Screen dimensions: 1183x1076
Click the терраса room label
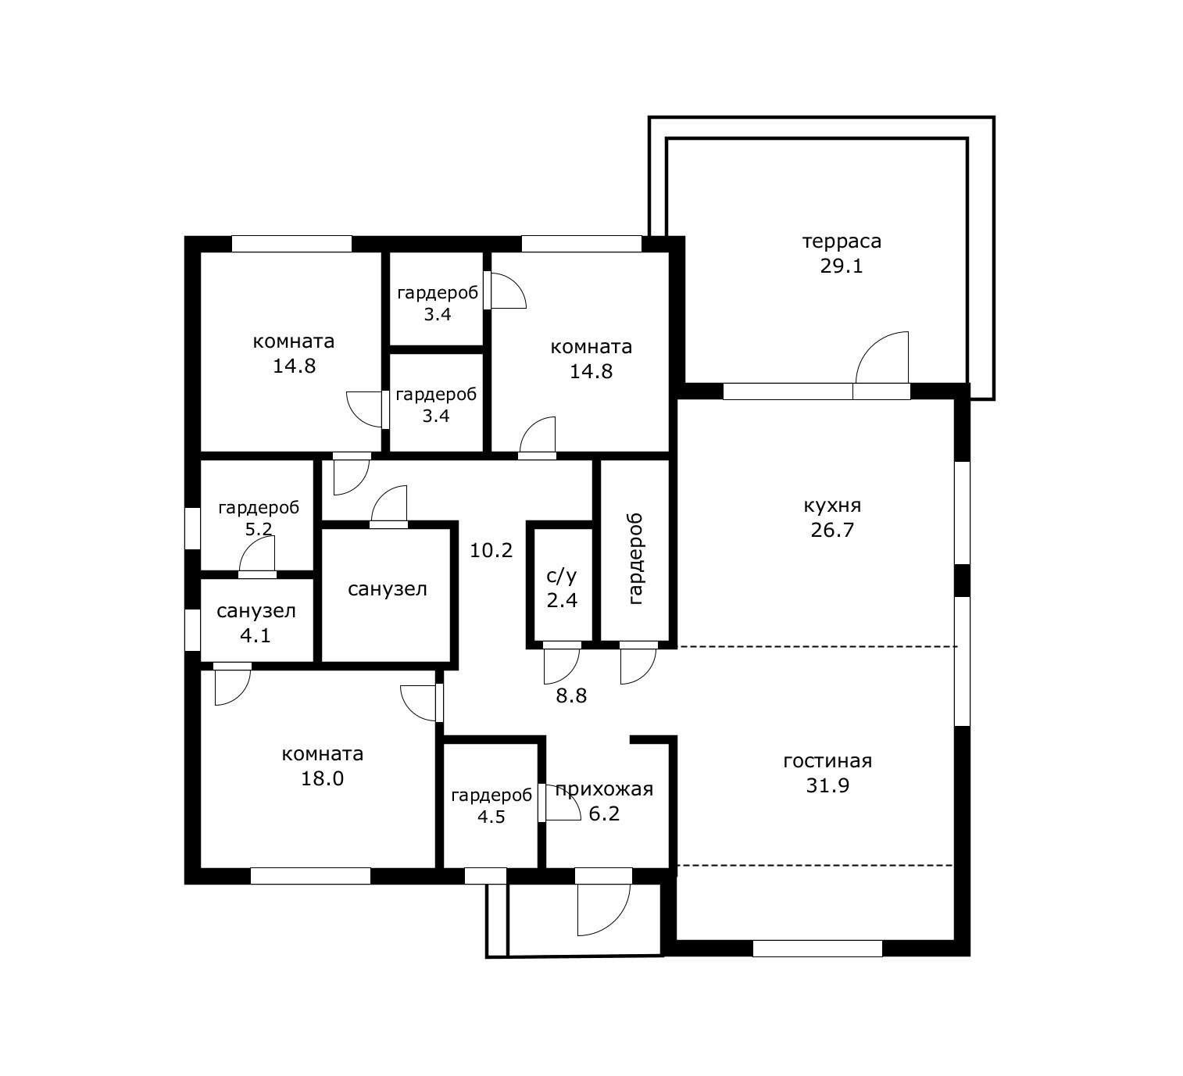842,241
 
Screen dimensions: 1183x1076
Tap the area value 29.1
842,266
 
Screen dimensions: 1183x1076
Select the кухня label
832,506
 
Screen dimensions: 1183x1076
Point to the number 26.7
832,531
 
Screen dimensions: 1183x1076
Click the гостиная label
827,761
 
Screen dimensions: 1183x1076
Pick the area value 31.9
827,786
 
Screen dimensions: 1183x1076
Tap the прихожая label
604,790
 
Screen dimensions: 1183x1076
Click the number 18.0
322,779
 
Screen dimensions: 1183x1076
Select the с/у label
562,576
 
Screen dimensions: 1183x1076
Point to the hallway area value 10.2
491,550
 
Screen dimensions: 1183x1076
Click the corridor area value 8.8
571,696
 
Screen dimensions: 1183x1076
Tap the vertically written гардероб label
634,559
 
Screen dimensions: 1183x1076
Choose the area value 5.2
259,529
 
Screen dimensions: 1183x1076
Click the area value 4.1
256,635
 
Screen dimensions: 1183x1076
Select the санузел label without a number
388,589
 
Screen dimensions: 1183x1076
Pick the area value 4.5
491,817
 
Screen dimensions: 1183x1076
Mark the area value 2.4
562,601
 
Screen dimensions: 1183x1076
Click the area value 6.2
604,814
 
